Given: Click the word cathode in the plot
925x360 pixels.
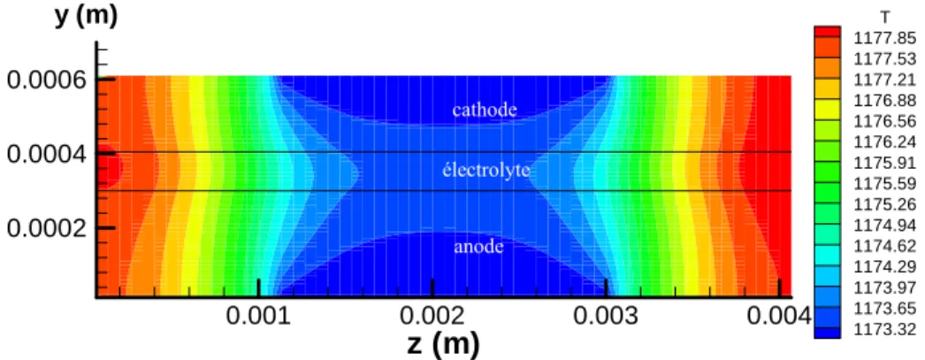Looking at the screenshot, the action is pos(485,110).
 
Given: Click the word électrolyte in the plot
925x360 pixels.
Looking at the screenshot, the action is pos(486,171).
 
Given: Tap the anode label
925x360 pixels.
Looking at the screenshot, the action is pos(478,246).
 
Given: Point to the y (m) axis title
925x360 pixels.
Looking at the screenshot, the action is pos(87,16).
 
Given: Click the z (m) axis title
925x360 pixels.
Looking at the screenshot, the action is pos(444,343).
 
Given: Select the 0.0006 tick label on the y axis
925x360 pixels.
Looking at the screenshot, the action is pos(47,79).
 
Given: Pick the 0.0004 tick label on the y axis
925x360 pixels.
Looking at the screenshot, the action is pos(47,154).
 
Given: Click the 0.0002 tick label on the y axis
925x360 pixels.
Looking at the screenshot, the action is pos(47,228).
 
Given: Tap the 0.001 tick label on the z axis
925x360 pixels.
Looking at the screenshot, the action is pos(258,317).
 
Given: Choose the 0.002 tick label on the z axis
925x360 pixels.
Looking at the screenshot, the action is pos(432,317).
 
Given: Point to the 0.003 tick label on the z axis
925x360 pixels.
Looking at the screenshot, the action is pos(607,317).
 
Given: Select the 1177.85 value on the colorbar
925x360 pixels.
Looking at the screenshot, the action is pos(885,38).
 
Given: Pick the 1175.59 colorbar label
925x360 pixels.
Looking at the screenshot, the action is pos(885,184).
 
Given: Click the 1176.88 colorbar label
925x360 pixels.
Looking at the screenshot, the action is pos(885,101).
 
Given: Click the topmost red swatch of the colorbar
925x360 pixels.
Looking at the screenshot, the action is pos(827,32).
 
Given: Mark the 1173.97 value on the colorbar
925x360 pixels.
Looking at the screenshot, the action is pos(885,287).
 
